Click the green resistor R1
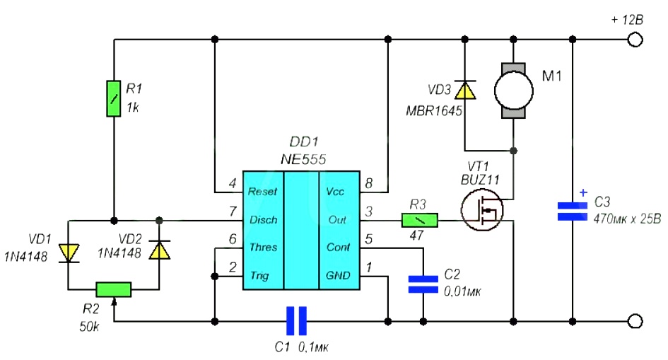click(x=113, y=98)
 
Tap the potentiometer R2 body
click(x=113, y=290)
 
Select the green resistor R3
click(x=420, y=220)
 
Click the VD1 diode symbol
click(x=69, y=253)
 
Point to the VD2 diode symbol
click(x=159, y=250)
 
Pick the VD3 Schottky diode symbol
click(x=465, y=89)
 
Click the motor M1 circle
click(x=513, y=91)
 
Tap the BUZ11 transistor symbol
click(x=482, y=210)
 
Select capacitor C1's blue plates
click(x=296, y=321)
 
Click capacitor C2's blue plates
click(x=423, y=284)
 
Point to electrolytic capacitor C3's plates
click(x=573, y=211)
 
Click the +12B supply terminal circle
click(x=635, y=40)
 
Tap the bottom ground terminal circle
click(x=635, y=321)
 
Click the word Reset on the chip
click(x=262, y=192)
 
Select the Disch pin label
click(x=263, y=220)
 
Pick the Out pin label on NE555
click(x=337, y=220)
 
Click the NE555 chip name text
click(x=303, y=159)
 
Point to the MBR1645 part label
click(x=434, y=111)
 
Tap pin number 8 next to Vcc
click(x=369, y=184)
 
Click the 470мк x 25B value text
click(x=627, y=219)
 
